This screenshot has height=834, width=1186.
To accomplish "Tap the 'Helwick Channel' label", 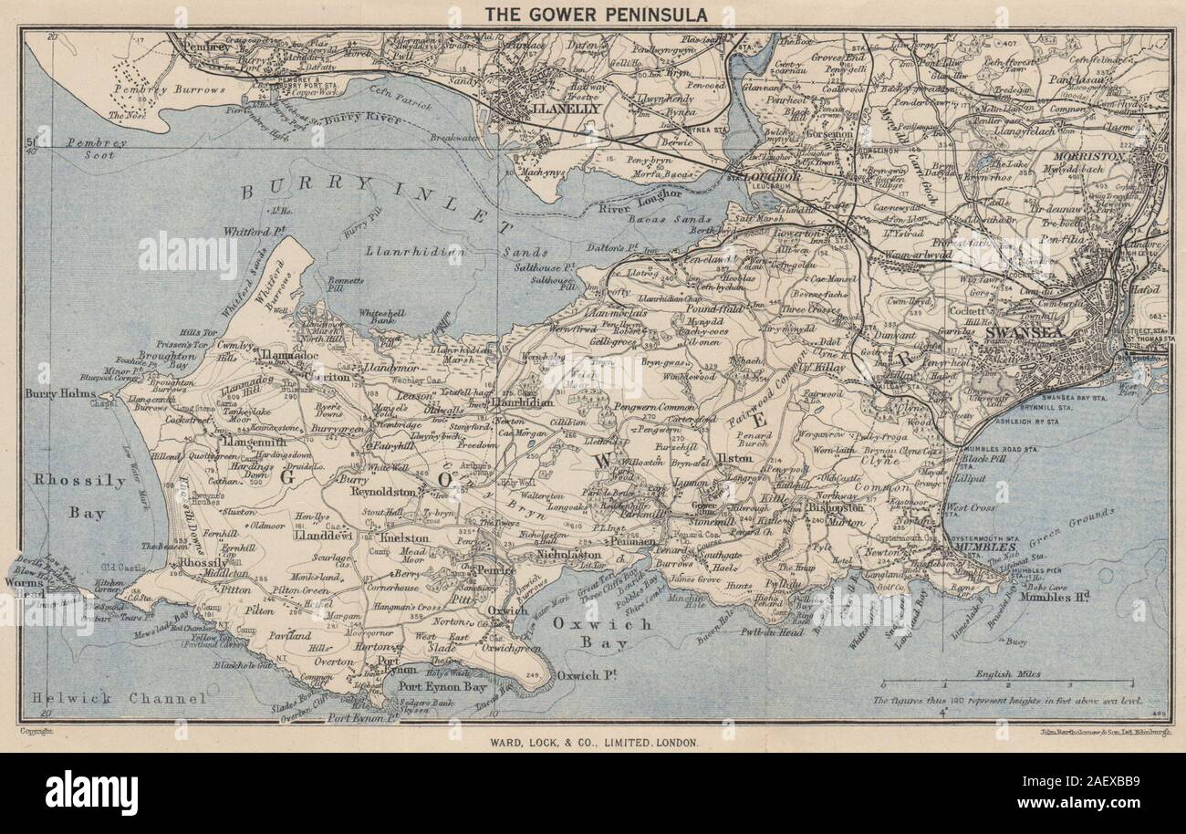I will pos(116,698).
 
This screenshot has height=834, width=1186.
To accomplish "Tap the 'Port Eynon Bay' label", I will pos(447,677).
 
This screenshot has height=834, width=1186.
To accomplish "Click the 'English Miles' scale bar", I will pos(1007,683).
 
